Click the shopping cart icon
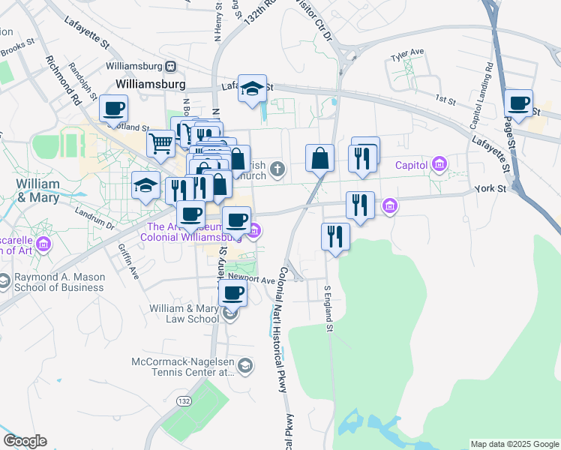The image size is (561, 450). click(x=160, y=142)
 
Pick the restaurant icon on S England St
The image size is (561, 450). click(x=335, y=235)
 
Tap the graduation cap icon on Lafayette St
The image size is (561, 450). click(x=252, y=87)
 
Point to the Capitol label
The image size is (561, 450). click(x=411, y=165)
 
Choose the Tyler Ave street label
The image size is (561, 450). click(x=407, y=52)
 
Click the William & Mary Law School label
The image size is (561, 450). click(x=184, y=313)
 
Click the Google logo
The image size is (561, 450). click(x=24, y=441)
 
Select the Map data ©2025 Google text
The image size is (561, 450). click(x=514, y=444)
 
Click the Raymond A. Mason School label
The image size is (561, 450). click(x=61, y=282)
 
